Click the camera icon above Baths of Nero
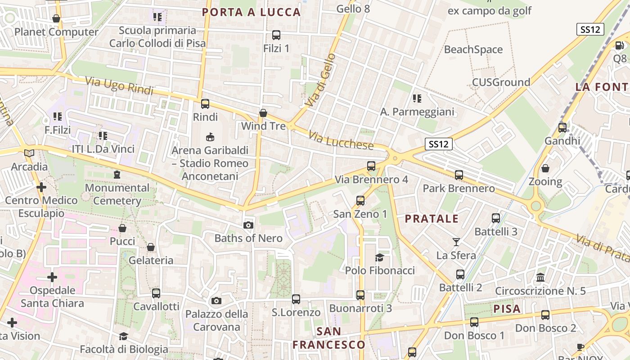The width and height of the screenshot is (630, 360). tap(248, 225)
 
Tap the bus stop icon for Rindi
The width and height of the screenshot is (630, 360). tap(205, 104)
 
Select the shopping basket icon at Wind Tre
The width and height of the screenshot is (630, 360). tap(263, 113)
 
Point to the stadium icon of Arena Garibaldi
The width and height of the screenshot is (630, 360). tap(210, 136)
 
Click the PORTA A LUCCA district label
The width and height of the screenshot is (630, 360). tap(251, 12)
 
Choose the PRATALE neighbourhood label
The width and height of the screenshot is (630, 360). tap(432, 219)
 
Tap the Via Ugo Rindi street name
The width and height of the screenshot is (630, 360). tap(119, 85)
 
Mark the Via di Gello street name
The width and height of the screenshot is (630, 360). tap(320, 80)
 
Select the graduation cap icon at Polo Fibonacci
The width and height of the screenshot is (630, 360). tap(380, 257)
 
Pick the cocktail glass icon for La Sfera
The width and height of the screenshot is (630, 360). tap(456, 242)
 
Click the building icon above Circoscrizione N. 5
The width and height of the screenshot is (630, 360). tap(540, 277)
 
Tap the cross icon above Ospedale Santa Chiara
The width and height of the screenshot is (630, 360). tap(52, 277)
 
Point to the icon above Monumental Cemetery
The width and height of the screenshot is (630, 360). tap(117, 174)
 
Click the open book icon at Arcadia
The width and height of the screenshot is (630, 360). tap(29, 153)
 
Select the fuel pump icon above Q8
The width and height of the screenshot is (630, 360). tap(620, 45)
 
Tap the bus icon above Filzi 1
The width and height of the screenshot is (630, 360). tap(276, 35)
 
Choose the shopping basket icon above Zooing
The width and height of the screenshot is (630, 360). tap(545, 168)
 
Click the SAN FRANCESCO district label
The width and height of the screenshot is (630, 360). tap(329, 338)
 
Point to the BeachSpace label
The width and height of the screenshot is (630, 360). tap(473, 49)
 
